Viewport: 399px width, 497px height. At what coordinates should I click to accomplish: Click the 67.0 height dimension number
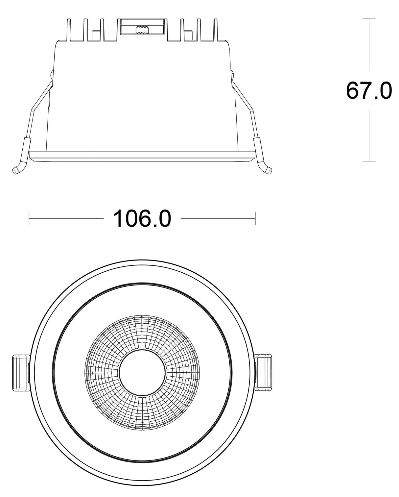369,90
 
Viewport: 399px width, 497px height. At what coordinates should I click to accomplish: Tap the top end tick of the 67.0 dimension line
369,19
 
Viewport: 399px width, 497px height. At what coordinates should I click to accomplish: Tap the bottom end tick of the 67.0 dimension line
369,162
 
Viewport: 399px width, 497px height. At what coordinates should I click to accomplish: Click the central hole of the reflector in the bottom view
142,373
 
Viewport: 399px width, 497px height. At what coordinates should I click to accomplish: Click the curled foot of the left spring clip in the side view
18,169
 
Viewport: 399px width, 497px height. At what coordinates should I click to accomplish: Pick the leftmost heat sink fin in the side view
69,30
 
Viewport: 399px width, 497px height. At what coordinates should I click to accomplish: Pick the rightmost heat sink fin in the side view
216,30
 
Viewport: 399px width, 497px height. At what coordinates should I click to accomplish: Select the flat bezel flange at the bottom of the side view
142,157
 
